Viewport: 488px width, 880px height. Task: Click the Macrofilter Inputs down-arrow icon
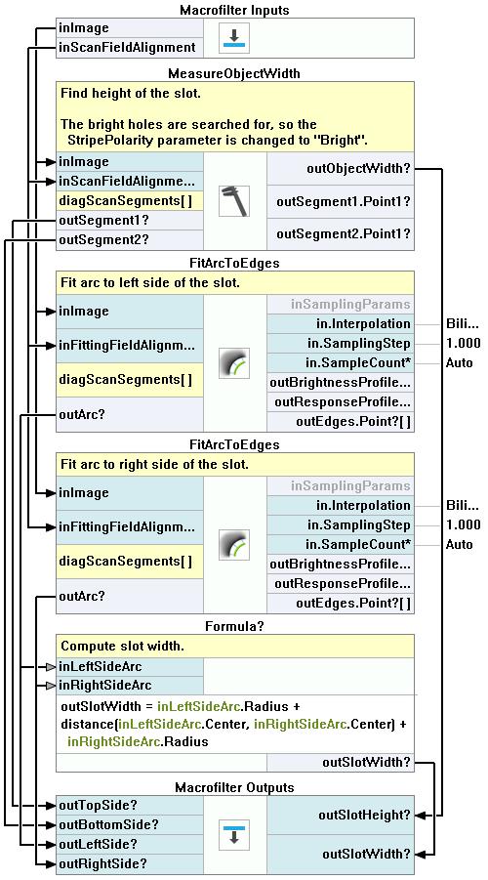point(234,37)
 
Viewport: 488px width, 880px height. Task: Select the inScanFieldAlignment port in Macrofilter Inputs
point(130,48)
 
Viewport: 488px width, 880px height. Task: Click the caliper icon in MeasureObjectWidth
point(234,200)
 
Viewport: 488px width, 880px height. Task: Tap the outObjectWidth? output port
point(341,168)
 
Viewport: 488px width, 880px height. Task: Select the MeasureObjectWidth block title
point(234,73)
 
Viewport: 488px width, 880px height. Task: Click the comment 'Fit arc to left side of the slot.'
point(150,283)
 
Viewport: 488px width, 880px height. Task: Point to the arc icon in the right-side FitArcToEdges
point(234,544)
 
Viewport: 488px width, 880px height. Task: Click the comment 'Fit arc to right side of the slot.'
point(154,465)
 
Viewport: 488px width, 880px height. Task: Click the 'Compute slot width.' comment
point(122,646)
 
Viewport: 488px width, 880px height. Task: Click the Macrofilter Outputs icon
point(234,834)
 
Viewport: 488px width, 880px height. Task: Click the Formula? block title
point(234,626)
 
